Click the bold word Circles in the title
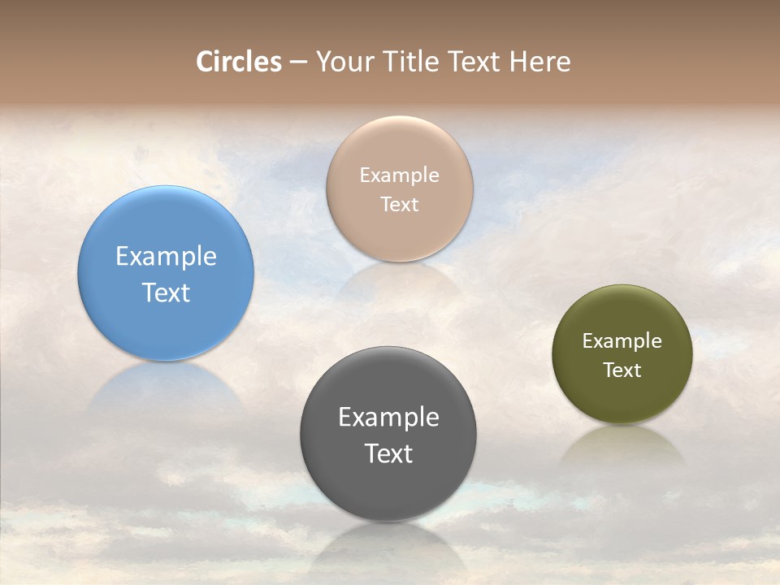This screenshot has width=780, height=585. [x=238, y=62]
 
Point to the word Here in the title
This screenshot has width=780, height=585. [x=539, y=62]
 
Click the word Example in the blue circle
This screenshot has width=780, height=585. [x=166, y=256]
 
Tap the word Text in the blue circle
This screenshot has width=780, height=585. [x=166, y=292]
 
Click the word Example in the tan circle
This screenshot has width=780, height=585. [x=399, y=175]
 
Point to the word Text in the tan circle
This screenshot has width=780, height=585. [x=399, y=204]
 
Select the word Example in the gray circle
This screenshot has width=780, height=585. [x=388, y=417]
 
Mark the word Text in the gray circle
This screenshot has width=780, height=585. [x=388, y=453]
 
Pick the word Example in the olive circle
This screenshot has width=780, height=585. [x=622, y=340]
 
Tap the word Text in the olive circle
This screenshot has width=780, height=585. [x=622, y=370]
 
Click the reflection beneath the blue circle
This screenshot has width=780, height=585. [x=166, y=386]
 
